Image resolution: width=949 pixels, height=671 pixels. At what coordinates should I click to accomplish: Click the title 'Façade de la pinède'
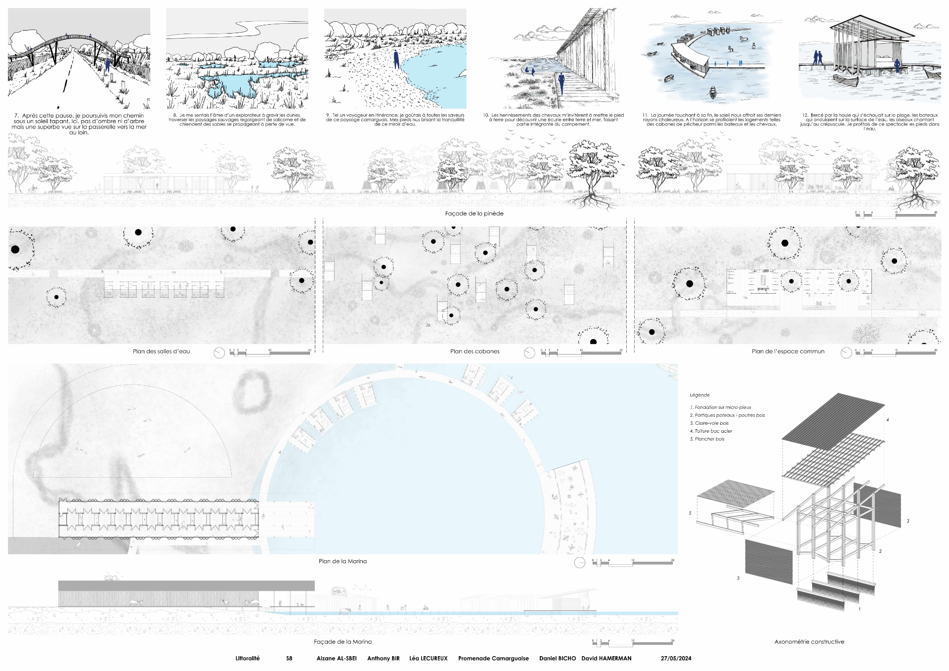coord(474,214)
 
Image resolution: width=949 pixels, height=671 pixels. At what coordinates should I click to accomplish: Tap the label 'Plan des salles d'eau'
coord(161,352)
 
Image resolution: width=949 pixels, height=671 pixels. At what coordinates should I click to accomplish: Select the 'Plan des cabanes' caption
coord(474,352)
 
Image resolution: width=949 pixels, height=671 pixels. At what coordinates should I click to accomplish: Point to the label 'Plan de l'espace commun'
coord(788,352)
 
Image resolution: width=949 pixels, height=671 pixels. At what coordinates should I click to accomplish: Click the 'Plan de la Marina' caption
coord(343,561)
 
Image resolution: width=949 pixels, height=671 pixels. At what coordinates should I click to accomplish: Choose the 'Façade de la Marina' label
coord(343,642)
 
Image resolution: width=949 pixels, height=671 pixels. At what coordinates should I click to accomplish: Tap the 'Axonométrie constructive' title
coord(809,642)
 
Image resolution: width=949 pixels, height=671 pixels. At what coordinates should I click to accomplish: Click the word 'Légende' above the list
coord(699,395)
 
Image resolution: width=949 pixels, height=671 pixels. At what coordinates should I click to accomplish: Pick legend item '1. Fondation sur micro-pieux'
coord(720,407)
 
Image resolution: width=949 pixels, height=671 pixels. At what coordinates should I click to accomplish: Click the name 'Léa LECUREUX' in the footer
coord(428,659)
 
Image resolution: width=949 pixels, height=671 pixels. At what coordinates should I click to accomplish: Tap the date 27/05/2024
coord(676,659)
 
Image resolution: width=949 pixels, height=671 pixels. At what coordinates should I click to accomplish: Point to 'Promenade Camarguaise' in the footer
coord(493,659)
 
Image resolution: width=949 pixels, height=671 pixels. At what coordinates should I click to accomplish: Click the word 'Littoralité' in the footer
coord(247,659)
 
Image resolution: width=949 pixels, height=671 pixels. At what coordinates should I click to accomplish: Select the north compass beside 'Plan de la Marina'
coord(580,563)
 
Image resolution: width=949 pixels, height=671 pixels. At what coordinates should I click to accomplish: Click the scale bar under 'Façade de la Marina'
coord(633,642)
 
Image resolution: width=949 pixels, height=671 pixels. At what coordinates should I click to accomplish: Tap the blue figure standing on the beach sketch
coord(396,60)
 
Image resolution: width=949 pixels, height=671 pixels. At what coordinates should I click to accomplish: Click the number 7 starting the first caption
coord(16,116)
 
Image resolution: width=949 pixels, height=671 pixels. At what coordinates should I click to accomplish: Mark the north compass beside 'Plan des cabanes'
coord(529,353)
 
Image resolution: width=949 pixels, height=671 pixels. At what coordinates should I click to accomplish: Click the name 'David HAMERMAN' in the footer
coord(606,659)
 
